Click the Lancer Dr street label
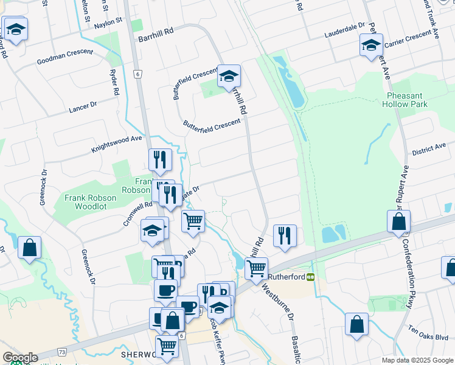pos(83,106)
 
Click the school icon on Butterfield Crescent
pos(229,76)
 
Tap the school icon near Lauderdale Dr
pos(370,44)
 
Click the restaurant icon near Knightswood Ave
pos(159,159)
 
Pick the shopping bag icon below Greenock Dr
pos(29,247)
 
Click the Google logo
pos(20,358)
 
